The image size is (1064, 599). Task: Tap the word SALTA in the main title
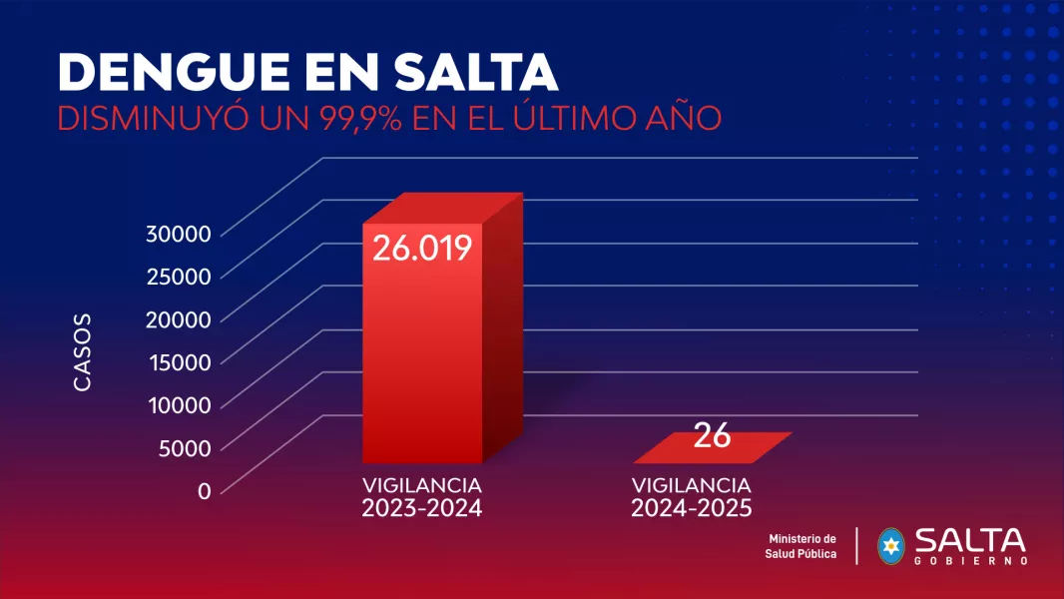(x=477, y=73)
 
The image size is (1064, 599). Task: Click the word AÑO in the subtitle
(x=683, y=117)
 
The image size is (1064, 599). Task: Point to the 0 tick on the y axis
(x=204, y=490)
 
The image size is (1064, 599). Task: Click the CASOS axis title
(x=82, y=351)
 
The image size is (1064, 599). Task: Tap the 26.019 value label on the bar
(x=422, y=248)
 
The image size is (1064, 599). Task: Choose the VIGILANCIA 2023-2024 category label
(x=422, y=497)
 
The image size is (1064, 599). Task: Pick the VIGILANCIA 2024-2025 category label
(x=691, y=497)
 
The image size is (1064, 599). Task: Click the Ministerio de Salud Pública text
(x=801, y=546)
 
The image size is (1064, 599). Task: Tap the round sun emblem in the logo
(x=890, y=545)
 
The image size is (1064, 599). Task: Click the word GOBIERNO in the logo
(x=970, y=561)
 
